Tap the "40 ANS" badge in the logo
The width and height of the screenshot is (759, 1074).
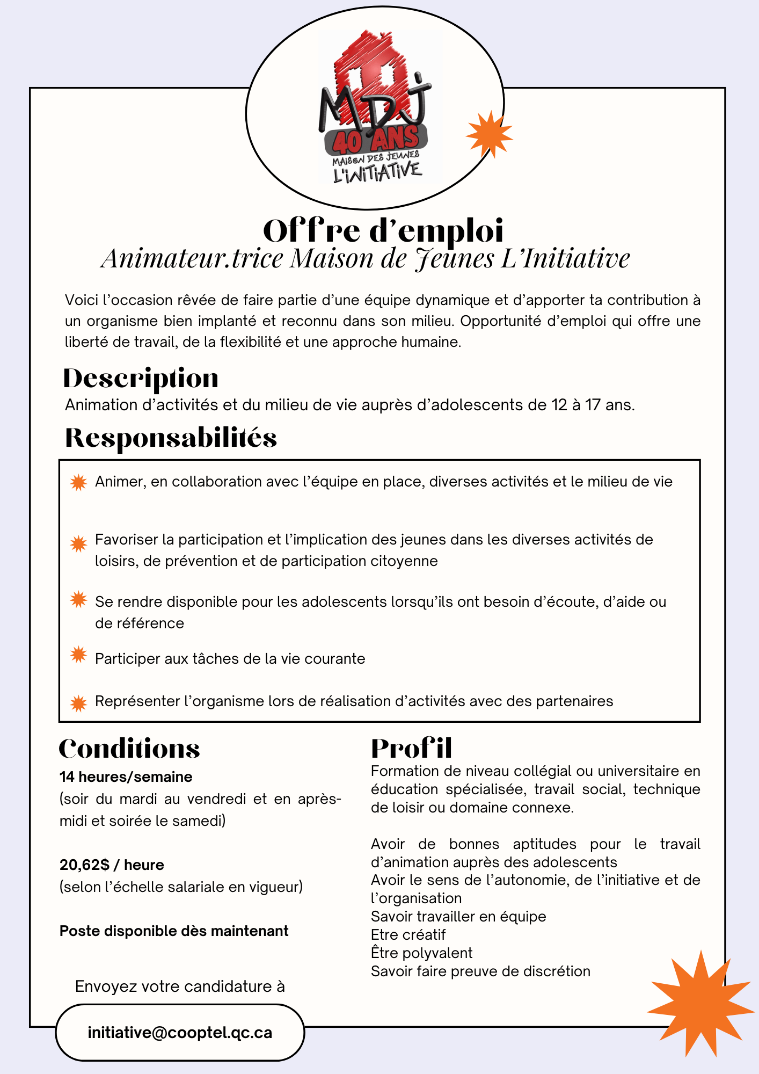click(376, 140)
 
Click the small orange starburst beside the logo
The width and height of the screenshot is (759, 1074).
click(488, 134)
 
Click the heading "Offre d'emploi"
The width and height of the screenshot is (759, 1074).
click(383, 231)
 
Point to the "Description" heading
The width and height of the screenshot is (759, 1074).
click(141, 379)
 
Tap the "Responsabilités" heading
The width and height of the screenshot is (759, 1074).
click(171, 438)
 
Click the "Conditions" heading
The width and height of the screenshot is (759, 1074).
click(129, 749)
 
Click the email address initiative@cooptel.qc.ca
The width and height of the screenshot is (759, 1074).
click(180, 1033)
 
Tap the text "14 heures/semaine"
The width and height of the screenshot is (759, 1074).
click(126, 777)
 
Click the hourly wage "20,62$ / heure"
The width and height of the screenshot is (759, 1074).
click(112, 865)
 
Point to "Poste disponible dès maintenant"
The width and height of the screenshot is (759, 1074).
click(174, 931)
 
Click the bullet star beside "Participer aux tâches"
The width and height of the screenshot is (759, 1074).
click(78, 655)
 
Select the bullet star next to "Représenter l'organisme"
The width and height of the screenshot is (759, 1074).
click(78, 703)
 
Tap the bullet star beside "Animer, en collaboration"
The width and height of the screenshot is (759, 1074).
click(78, 483)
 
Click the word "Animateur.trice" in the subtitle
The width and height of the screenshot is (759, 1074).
click(192, 258)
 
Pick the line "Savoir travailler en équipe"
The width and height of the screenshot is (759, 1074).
click(458, 916)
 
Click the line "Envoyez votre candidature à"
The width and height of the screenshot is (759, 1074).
click(180, 986)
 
